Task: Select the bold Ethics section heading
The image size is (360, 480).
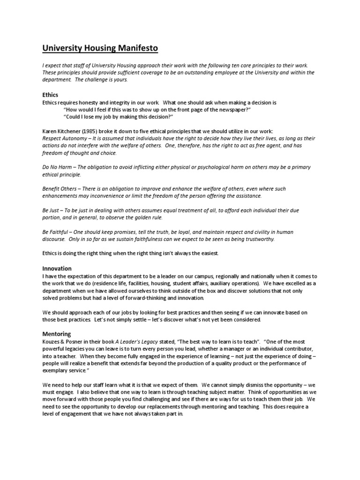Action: pyautogui.click(x=50, y=95)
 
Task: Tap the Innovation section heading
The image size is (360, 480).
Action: pyautogui.click(x=57, y=269)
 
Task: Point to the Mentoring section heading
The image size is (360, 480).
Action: pyautogui.click(x=57, y=334)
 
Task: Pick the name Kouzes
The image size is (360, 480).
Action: pyautogui.click(x=52, y=342)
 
